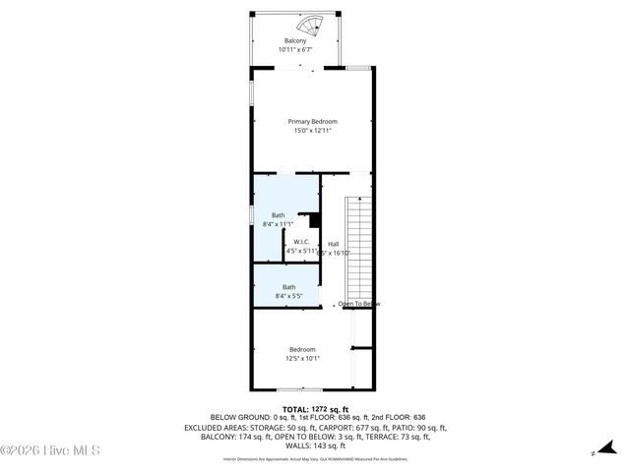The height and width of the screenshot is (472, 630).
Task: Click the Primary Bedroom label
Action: point(312,121)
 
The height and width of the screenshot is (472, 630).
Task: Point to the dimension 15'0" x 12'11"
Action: point(312,130)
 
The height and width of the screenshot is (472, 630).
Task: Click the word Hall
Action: point(333,244)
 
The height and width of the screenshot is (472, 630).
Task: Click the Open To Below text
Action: point(359,304)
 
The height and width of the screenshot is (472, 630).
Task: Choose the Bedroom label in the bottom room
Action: point(302,349)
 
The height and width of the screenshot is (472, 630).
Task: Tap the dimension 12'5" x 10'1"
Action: point(302,358)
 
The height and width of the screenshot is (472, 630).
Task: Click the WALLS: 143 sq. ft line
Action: point(312,446)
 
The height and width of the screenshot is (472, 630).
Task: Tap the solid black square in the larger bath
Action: point(315,221)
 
